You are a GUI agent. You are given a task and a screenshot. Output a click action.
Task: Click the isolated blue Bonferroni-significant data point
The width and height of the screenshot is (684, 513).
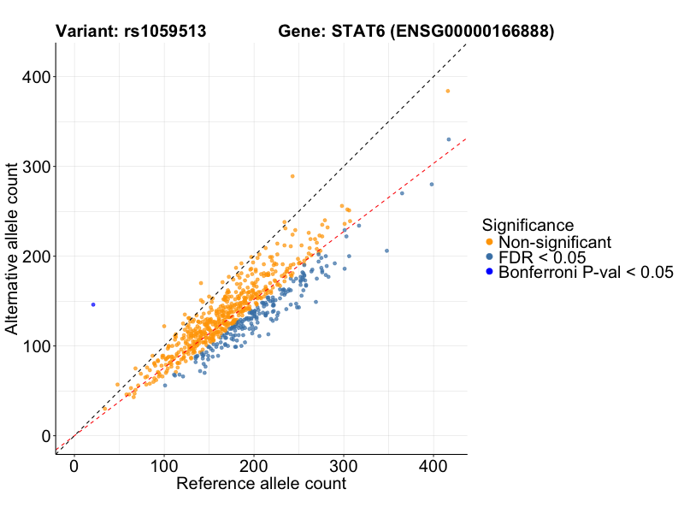[93, 304]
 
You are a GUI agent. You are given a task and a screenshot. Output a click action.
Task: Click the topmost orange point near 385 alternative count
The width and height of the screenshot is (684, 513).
[447, 91]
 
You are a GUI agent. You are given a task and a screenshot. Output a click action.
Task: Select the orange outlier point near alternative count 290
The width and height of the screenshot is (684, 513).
[292, 176]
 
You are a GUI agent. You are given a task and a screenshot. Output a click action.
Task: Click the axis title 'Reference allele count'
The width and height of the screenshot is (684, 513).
[261, 484]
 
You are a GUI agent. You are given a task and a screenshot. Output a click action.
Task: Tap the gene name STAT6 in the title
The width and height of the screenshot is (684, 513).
[357, 32]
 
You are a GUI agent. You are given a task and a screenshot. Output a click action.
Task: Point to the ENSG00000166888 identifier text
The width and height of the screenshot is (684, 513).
[475, 32]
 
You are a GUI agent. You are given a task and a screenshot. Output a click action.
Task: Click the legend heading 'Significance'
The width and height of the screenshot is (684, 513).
[528, 225]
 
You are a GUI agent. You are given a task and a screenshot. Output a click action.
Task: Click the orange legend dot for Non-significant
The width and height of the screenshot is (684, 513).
[488, 242]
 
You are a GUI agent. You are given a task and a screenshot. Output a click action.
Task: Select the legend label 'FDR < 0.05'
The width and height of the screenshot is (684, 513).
[541, 257]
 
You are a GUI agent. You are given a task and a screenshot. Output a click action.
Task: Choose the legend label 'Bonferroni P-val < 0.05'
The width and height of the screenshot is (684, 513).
[587, 273]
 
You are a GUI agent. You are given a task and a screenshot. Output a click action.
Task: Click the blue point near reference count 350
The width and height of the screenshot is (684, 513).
[386, 251]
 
